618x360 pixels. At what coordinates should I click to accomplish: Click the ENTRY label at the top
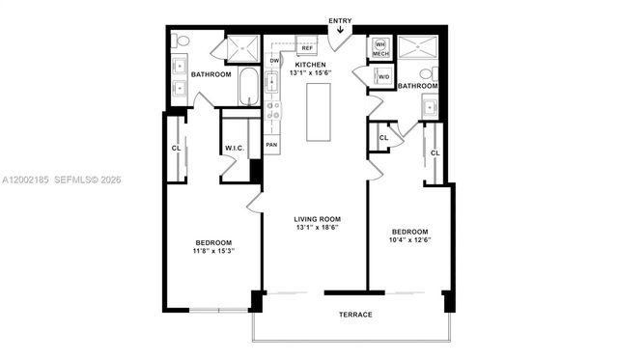tap(340, 20)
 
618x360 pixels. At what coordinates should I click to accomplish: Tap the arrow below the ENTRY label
tap(340, 30)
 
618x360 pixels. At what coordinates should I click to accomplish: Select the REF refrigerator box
tap(307, 47)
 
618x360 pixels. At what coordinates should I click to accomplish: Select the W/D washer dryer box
tap(383, 77)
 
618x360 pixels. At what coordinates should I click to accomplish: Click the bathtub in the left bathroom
tap(249, 87)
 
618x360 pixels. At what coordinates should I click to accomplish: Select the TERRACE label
tap(355, 315)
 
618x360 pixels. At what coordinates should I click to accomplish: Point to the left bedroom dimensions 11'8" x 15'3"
tap(212, 251)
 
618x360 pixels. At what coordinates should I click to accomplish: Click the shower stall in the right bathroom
tap(419, 48)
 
